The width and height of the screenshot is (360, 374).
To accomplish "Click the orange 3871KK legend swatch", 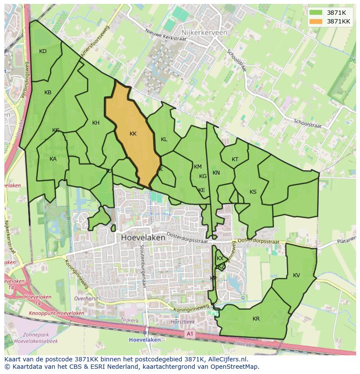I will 317,21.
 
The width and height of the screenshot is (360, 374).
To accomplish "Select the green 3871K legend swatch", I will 317,13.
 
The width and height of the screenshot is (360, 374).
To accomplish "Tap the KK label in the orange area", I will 133,134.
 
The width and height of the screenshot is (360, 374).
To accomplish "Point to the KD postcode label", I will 43,51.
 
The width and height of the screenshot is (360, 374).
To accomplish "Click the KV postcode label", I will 297,275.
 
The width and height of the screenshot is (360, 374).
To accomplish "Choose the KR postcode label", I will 256,319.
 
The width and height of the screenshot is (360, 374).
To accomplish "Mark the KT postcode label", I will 235,159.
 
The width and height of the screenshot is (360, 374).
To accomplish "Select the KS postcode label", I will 253,192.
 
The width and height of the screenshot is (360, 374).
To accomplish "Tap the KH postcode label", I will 96,123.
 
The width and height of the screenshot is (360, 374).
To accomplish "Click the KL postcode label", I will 164,139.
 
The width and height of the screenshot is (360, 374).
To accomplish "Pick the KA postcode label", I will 53,159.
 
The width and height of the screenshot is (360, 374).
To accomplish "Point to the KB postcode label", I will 48,93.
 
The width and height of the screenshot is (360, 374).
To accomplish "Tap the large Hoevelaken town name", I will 143,238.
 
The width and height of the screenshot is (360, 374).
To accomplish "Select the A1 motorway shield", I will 189,334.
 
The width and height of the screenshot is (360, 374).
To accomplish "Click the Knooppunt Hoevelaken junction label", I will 57,313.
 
